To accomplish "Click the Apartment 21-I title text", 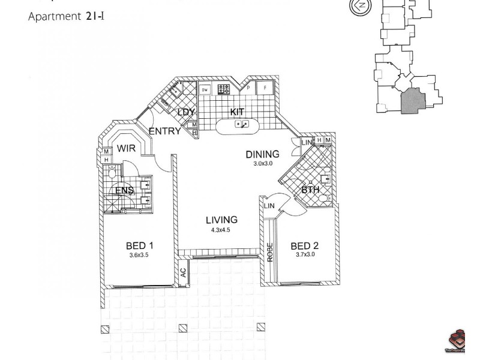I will pos(67,16).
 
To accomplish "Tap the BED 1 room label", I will pos(140,245).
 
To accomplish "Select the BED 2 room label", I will pos(304,246).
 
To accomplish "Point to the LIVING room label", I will pos(221,220).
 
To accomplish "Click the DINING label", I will pos(262,155).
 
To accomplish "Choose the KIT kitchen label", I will pos(238,112).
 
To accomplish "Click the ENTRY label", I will pos(164,131).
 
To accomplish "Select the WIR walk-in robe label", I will pos(126,149).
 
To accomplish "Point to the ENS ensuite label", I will pos(124,191).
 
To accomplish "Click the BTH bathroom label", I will pos(310,190).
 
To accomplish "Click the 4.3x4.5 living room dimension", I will pos(221,230).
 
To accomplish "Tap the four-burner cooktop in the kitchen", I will pos(224,90).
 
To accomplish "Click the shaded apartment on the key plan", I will pos(413,100).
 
